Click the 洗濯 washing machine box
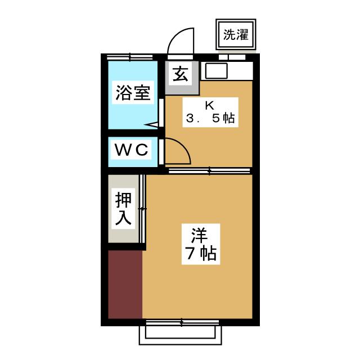[236, 35]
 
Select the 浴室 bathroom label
[133, 93]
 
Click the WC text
[132, 150]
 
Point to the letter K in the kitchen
[209, 104]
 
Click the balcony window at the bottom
[180, 333]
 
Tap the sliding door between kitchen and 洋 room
[209, 170]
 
